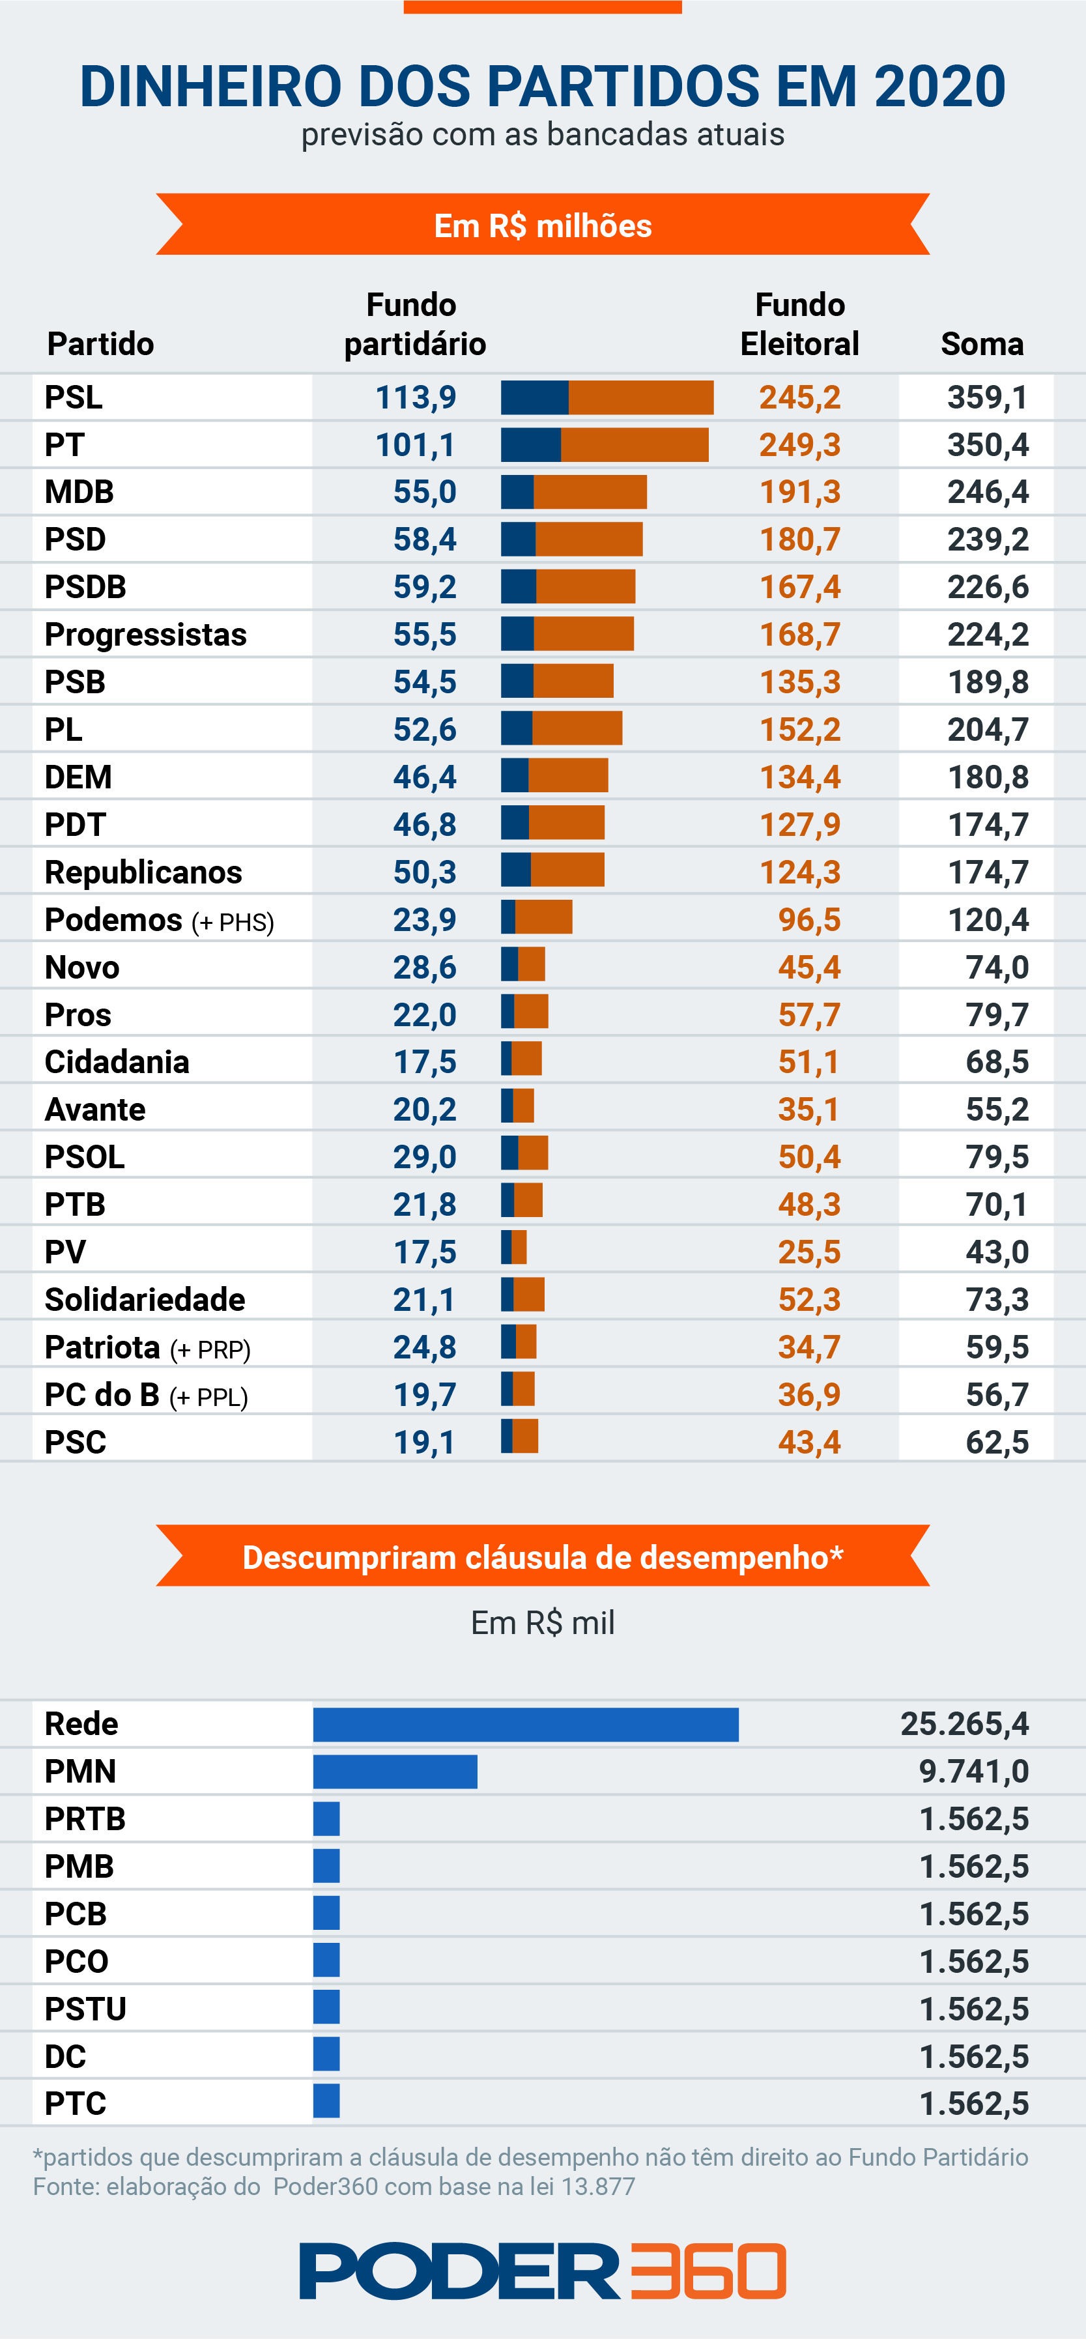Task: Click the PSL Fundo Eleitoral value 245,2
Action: point(799,397)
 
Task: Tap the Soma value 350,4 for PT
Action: point(987,445)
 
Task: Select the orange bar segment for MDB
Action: point(590,492)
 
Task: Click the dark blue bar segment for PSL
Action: point(534,397)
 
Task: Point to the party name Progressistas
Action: point(145,635)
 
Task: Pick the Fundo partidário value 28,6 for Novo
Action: point(424,967)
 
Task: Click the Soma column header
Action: point(982,344)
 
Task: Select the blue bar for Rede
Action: point(526,1725)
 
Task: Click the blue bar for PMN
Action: point(395,1772)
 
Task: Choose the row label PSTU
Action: point(85,2009)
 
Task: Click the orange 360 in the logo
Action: point(708,2270)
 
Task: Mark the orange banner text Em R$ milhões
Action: point(543,225)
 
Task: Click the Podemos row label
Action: point(113,920)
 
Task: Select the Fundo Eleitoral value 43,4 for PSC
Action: point(809,1442)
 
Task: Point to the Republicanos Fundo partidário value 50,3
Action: point(424,872)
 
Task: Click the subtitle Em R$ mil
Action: point(543,1622)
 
